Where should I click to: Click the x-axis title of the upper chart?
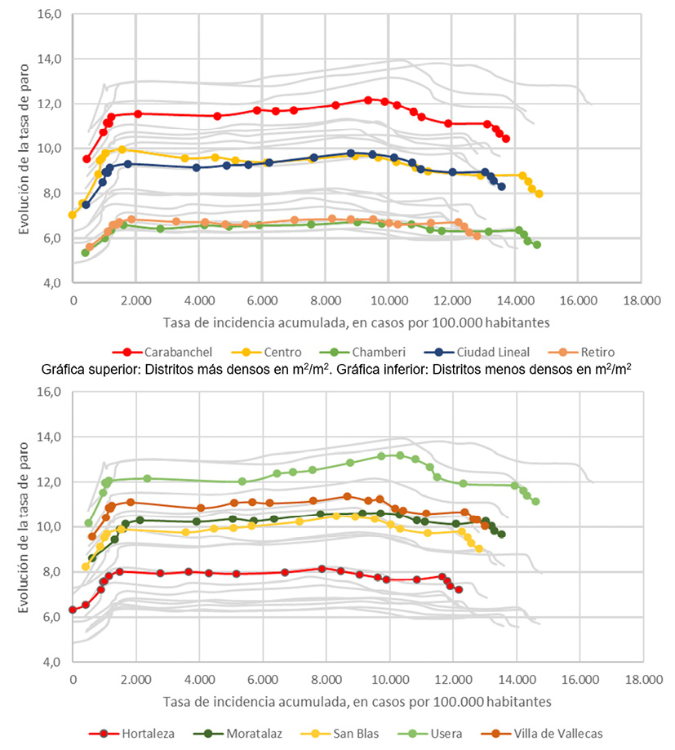(x=356, y=321)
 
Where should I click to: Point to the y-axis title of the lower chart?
(x=24, y=526)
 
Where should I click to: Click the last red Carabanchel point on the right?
(x=506, y=139)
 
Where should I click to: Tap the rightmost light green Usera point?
(x=535, y=501)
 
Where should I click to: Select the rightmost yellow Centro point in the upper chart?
(x=539, y=194)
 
